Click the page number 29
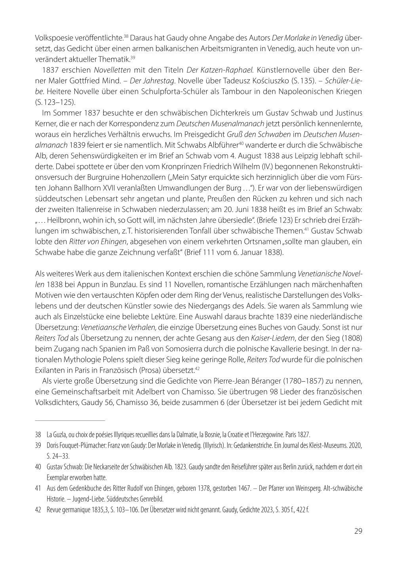(358, 531)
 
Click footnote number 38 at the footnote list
(38, 434)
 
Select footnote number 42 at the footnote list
(38, 509)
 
